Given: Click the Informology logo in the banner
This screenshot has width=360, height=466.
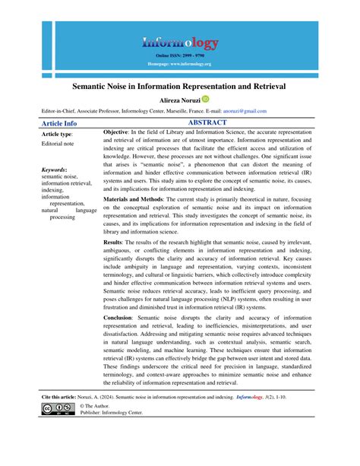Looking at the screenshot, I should coord(180,43).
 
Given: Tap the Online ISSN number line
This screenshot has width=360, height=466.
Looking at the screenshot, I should coord(180,56).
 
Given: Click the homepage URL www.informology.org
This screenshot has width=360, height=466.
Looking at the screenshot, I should coord(180,64).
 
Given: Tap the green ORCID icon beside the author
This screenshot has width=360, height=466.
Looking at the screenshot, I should coord(205,100).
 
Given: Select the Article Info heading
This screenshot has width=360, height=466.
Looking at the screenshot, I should coord(58,122).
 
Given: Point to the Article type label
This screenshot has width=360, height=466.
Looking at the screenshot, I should coord(56,133).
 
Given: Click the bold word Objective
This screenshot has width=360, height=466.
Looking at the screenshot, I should coord(120,133).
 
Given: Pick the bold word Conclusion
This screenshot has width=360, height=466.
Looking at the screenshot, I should coord(122,338).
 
